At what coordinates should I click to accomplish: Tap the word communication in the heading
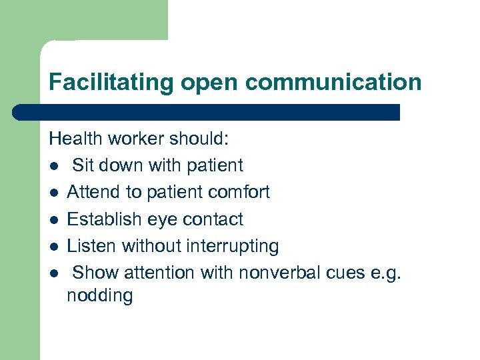click(333, 83)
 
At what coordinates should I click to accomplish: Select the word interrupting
click(233, 247)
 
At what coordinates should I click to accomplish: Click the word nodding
click(100, 296)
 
